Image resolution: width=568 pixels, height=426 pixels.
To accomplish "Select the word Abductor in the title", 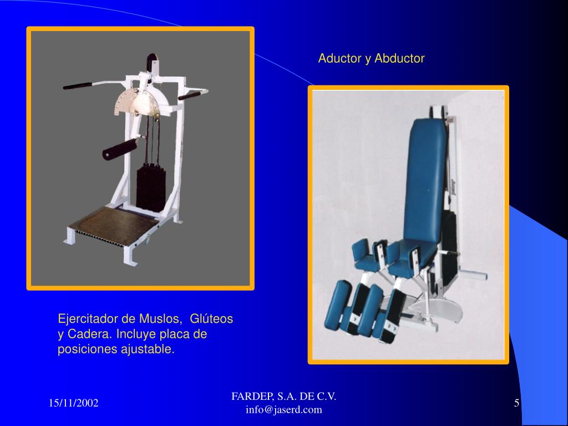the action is pyautogui.click(x=399, y=58).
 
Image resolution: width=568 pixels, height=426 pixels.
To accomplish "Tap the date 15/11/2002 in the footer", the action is pyautogui.click(x=74, y=403).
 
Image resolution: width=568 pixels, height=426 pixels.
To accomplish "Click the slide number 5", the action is pyautogui.click(x=516, y=403).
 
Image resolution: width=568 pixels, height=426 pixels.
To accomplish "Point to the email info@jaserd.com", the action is pyautogui.click(x=283, y=410).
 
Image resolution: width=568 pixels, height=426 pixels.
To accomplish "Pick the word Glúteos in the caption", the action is pyautogui.click(x=211, y=319).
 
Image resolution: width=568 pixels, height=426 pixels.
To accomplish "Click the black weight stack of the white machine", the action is pyautogui.click(x=151, y=187).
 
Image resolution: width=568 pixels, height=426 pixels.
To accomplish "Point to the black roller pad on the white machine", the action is pyautogui.click(x=120, y=149).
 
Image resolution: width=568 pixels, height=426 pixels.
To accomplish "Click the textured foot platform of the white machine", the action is pyautogui.click(x=113, y=224).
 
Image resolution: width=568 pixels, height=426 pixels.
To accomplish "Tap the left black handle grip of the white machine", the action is pyautogui.click(x=78, y=86).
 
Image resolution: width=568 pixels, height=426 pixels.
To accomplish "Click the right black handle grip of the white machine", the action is pyautogui.click(x=190, y=96).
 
